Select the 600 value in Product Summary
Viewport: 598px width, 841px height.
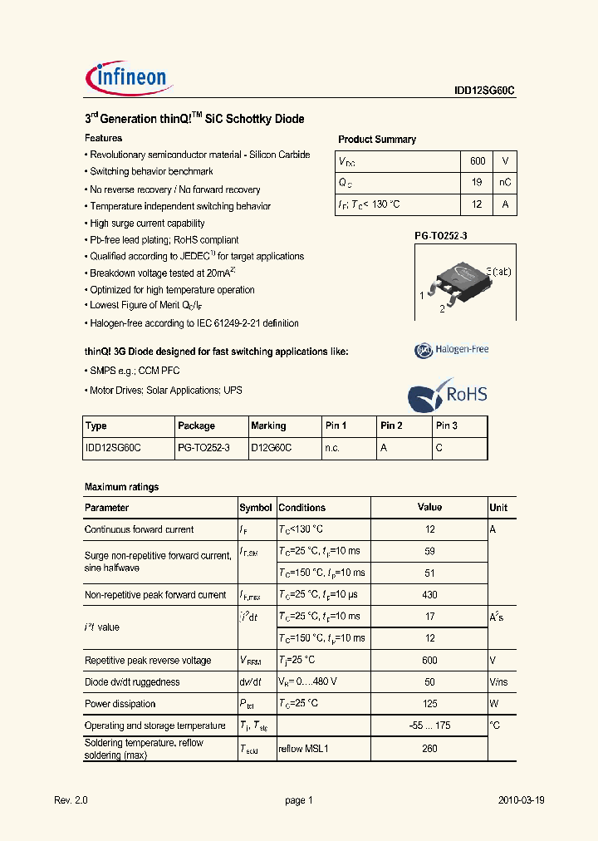click(477, 161)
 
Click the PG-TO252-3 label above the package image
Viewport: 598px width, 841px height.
click(441, 236)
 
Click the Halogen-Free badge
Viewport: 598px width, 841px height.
click(452, 350)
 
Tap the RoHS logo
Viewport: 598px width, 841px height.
click(448, 395)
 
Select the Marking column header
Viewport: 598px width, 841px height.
click(268, 425)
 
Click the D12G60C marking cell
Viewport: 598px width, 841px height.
click(271, 448)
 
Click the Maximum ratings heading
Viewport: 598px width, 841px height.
click(121, 487)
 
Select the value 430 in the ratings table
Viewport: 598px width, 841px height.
click(429, 595)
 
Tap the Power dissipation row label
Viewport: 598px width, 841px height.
click(120, 704)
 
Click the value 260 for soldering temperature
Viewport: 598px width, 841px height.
click(429, 748)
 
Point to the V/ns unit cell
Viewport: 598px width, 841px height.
click(498, 682)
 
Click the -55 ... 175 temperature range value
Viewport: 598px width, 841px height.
click(429, 725)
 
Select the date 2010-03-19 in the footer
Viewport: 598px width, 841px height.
click(521, 800)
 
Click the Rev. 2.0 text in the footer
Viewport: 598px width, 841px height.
click(71, 800)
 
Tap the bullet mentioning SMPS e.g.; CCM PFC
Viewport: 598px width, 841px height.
click(134, 371)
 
